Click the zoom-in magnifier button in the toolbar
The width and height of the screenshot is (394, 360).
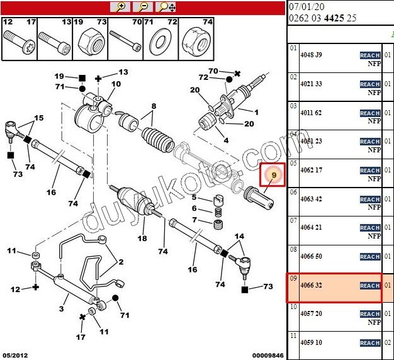pos(120,7)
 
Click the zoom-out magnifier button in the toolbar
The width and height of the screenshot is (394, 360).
pos(144,7)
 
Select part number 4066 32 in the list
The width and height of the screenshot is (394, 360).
pos(310,286)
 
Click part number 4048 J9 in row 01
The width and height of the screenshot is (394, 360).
pos(310,55)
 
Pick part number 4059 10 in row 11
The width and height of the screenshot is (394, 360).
pos(310,343)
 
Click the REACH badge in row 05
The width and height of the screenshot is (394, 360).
pos(369,171)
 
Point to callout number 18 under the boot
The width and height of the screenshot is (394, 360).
pos(142,239)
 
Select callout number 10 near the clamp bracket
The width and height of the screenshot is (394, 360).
pos(116,84)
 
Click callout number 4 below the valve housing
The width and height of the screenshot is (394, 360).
pos(226,140)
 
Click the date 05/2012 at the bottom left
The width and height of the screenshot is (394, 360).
pos(15,355)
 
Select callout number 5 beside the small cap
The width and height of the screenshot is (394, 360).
pos(194,197)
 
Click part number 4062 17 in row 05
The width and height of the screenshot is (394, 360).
pos(310,170)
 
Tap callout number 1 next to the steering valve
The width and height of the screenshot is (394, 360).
pos(256,112)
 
